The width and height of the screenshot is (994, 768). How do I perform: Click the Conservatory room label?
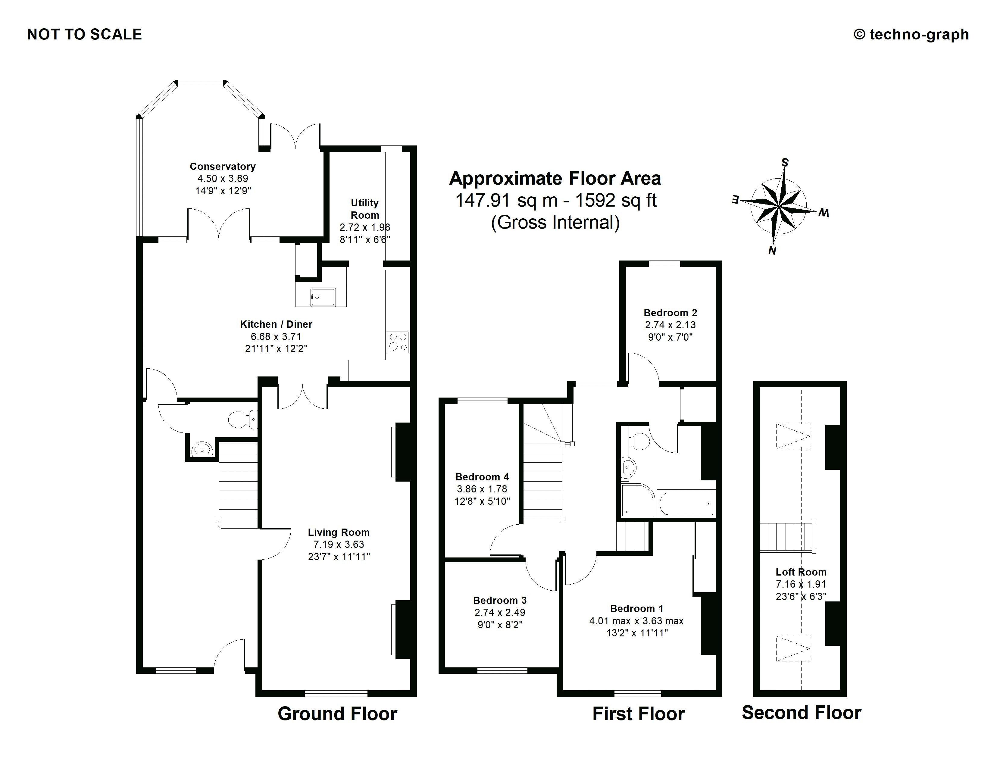(x=223, y=167)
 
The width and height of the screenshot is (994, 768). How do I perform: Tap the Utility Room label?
(x=364, y=209)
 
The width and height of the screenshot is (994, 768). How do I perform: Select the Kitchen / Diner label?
(x=276, y=324)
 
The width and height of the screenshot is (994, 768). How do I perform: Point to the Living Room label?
(x=339, y=532)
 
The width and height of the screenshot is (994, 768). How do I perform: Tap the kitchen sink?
(x=323, y=297)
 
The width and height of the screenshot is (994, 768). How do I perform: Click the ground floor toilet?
(x=242, y=419)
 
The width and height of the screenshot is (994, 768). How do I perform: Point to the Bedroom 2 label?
(x=670, y=313)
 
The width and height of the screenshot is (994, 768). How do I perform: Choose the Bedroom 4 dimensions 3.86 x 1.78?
(x=482, y=489)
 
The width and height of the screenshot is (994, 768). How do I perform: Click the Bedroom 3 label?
(x=500, y=601)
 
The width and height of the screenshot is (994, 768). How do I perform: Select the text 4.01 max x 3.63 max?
(x=636, y=621)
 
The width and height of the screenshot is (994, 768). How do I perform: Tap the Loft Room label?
(x=801, y=572)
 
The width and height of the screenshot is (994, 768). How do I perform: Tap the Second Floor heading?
(x=802, y=713)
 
